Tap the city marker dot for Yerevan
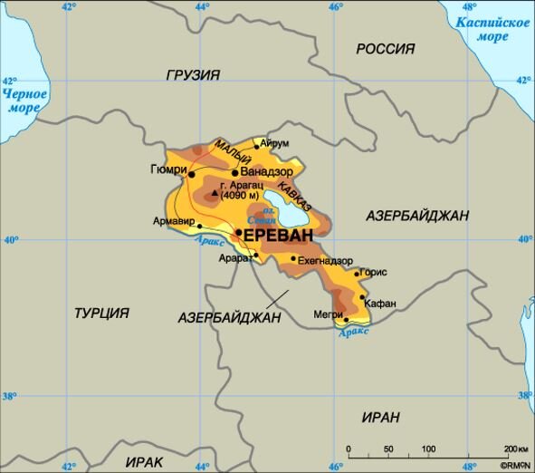point(239,233)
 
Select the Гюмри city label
point(168,169)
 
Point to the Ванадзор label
point(268,171)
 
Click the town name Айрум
point(274,143)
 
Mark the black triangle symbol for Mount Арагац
point(215,192)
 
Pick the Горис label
point(373,272)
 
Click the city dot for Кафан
point(363,296)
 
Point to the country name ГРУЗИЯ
point(193,75)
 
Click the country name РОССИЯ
point(385,49)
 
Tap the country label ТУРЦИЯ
point(101,313)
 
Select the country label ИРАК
point(145,461)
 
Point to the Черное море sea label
point(21,101)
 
